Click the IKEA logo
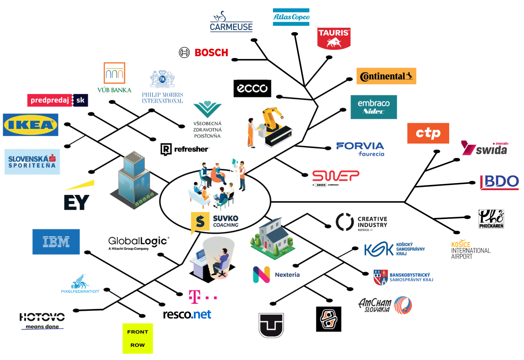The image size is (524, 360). pos(30,125)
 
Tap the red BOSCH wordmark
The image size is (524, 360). pos(211,53)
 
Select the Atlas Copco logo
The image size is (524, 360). pos(291,17)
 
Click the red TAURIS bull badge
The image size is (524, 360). pos(334,38)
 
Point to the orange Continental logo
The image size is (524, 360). pos(386,76)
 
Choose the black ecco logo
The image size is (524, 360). pos(252,88)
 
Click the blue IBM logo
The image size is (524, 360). pos(56,242)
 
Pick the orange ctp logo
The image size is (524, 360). pos(428,133)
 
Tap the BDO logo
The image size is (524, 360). pos(499,182)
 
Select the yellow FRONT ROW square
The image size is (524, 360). pos(137,338)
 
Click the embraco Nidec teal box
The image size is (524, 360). pos(374,107)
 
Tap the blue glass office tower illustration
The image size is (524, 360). pos(134,180)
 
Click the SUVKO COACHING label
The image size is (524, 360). pos(225,221)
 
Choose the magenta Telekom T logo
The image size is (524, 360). pos(195,296)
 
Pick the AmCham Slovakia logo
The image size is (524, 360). pos(385,305)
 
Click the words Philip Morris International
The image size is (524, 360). pos(163,98)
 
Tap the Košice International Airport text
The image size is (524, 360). pos(470,250)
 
